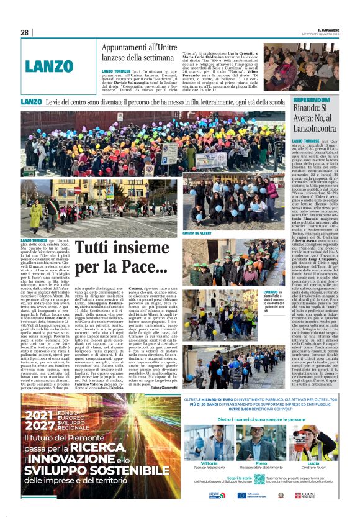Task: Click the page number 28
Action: point(24,32)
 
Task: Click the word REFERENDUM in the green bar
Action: point(316,100)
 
